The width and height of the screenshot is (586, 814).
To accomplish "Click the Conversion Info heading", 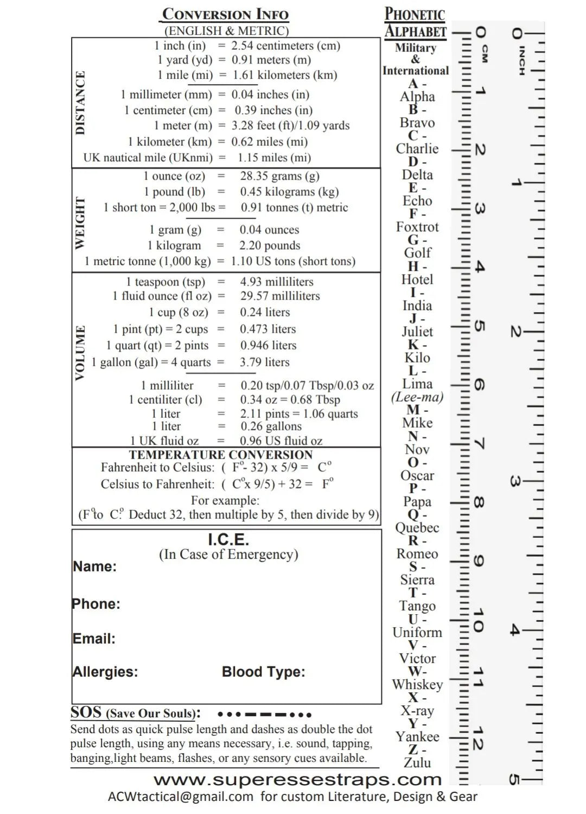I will click(225, 14).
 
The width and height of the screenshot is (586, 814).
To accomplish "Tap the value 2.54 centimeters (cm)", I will click(285, 46).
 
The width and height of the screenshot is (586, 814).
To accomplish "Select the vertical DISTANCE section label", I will click(80, 103).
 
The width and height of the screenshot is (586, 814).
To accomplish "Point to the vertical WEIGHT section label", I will click(80, 222).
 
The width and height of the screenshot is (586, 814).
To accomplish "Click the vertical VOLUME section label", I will click(80, 353).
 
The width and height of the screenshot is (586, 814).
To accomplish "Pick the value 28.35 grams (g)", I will click(279, 176).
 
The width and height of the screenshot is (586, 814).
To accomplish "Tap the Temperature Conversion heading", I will click(221, 455).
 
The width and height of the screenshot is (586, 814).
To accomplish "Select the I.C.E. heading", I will click(228, 540).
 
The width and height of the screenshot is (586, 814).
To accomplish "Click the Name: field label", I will click(95, 567).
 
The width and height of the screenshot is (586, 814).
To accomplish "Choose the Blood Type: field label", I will click(263, 672).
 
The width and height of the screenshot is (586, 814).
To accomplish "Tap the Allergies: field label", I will click(105, 672).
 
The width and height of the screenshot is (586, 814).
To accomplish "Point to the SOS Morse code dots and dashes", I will click(264, 714).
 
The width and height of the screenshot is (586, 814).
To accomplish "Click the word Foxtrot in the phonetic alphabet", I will click(417, 227).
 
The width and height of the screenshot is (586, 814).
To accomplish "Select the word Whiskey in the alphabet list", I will click(417, 684).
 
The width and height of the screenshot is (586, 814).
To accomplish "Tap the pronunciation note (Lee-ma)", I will click(417, 397).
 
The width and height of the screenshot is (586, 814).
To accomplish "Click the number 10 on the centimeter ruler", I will click(478, 620).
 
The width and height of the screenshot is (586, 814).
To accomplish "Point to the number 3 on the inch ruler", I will click(515, 481).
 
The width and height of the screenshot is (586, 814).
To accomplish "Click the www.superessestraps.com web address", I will click(297, 780).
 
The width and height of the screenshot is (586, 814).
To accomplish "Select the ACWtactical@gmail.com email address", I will click(181, 797).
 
